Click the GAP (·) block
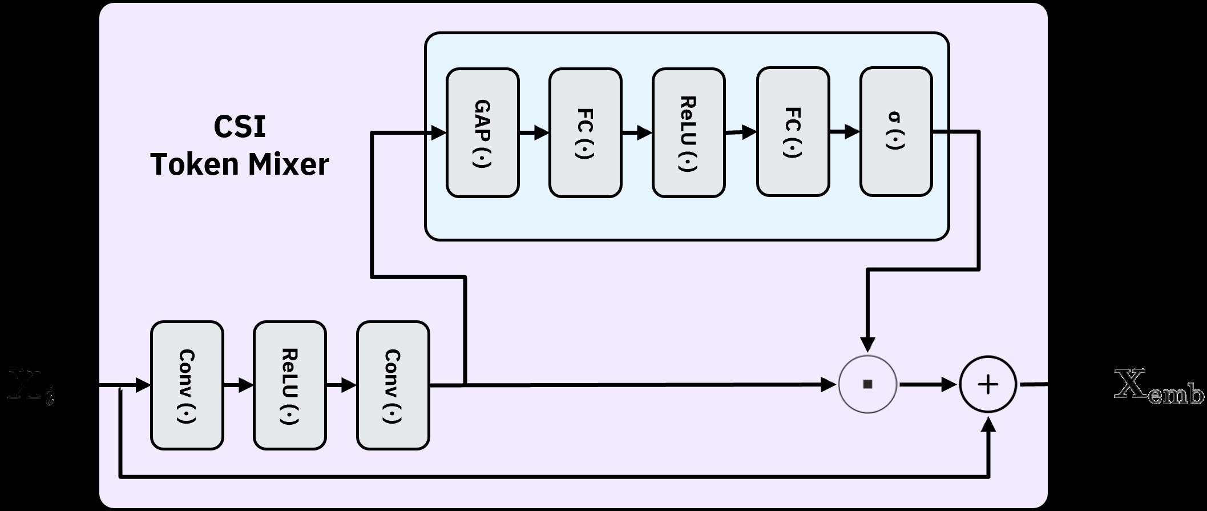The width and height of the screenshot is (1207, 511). [x=482, y=133]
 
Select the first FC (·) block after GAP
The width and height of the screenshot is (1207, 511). [x=585, y=133]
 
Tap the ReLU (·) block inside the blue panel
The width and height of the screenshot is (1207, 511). [x=688, y=133]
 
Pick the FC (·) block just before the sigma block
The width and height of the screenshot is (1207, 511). [x=793, y=133]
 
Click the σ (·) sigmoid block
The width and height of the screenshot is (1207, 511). [x=896, y=133]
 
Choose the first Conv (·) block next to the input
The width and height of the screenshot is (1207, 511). [x=187, y=385]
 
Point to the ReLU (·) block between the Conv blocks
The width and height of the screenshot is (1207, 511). [x=289, y=385]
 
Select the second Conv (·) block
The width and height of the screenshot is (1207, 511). [x=393, y=385]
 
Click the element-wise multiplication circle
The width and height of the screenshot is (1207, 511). [x=867, y=385]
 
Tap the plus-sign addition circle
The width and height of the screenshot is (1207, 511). [x=988, y=385]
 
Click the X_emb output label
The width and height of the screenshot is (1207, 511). [x=1158, y=388]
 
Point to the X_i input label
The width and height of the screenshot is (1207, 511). [x=31, y=385]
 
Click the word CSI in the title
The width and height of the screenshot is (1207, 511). [x=240, y=127]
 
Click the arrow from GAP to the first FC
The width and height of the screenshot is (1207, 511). [x=534, y=134]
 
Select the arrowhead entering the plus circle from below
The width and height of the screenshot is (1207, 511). [x=988, y=425]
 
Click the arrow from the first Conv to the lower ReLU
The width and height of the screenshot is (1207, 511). [x=238, y=385]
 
